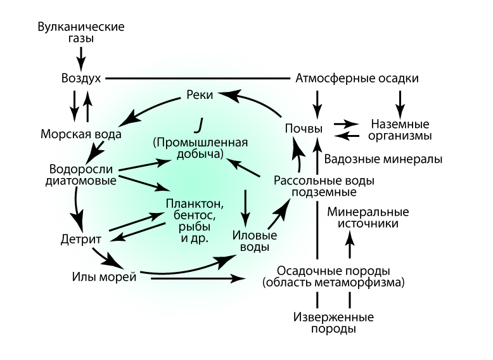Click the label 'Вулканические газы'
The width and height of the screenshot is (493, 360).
(80, 33)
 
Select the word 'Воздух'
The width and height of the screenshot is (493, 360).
(80, 79)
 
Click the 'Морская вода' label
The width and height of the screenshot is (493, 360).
(80, 134)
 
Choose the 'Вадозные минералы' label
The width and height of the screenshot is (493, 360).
(383, 159)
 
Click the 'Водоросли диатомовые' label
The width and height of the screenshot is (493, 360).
(80, 176)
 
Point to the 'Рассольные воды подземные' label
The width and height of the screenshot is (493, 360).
(324, 186)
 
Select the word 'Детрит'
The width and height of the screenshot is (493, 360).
(77, 241)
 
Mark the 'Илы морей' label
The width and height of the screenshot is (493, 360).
(104, 277)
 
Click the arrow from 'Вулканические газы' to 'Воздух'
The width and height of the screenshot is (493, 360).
(80, 58)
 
